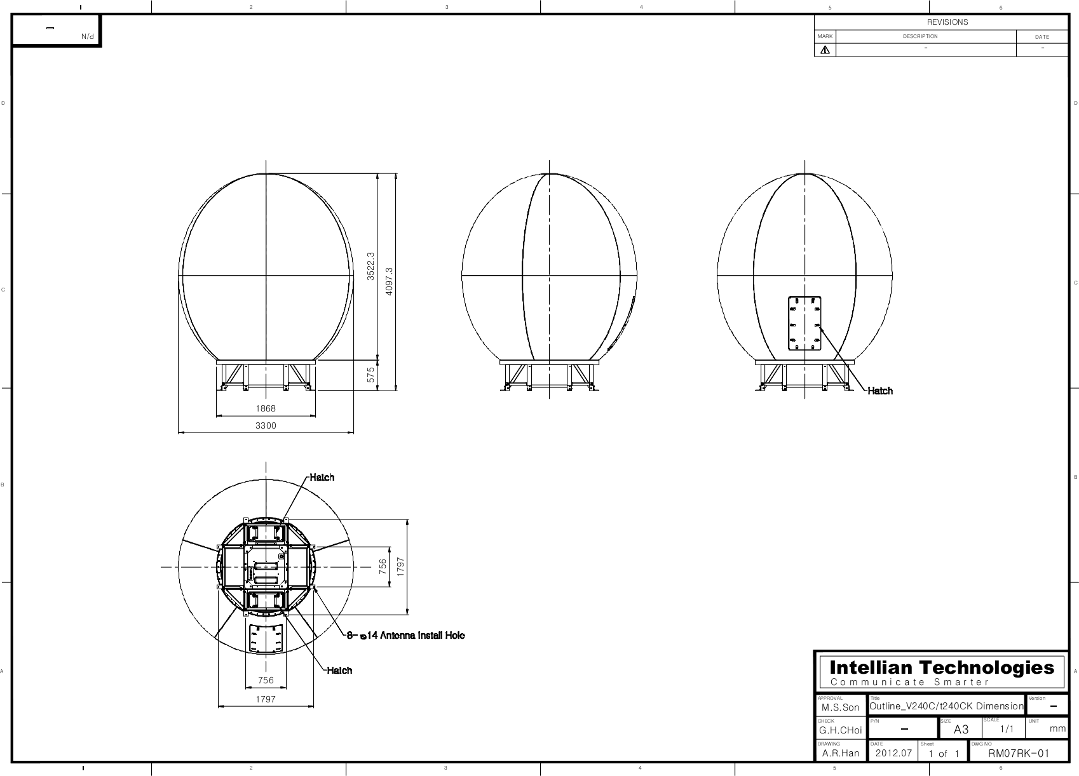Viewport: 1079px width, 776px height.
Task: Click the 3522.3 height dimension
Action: tap(371, 266)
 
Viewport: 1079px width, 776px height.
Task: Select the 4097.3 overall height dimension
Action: tap(390, 279)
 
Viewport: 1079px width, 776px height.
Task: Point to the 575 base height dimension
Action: tap(371, 375)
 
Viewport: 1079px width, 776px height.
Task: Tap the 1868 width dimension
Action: tap(266, 409)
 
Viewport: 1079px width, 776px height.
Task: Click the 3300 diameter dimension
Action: tap(266, 426)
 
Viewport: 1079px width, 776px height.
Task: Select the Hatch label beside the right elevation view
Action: tap(880, 391)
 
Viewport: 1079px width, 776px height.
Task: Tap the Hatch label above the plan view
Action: tap(322, 478)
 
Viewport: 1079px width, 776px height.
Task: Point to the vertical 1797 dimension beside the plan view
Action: tap(401, 566)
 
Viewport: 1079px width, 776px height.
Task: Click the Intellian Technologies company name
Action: tap(942, 668)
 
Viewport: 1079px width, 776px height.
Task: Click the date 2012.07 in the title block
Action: tap(893, 754)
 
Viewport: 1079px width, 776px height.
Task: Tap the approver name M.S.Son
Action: tap(840, 707)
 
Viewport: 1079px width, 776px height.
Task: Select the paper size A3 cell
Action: tap(961, 730)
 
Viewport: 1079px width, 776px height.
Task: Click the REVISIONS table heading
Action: tap(947, 22)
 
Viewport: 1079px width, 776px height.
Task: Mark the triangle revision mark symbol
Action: tap(825, 50)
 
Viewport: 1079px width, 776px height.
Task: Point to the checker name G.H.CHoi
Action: tap(840, 730)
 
